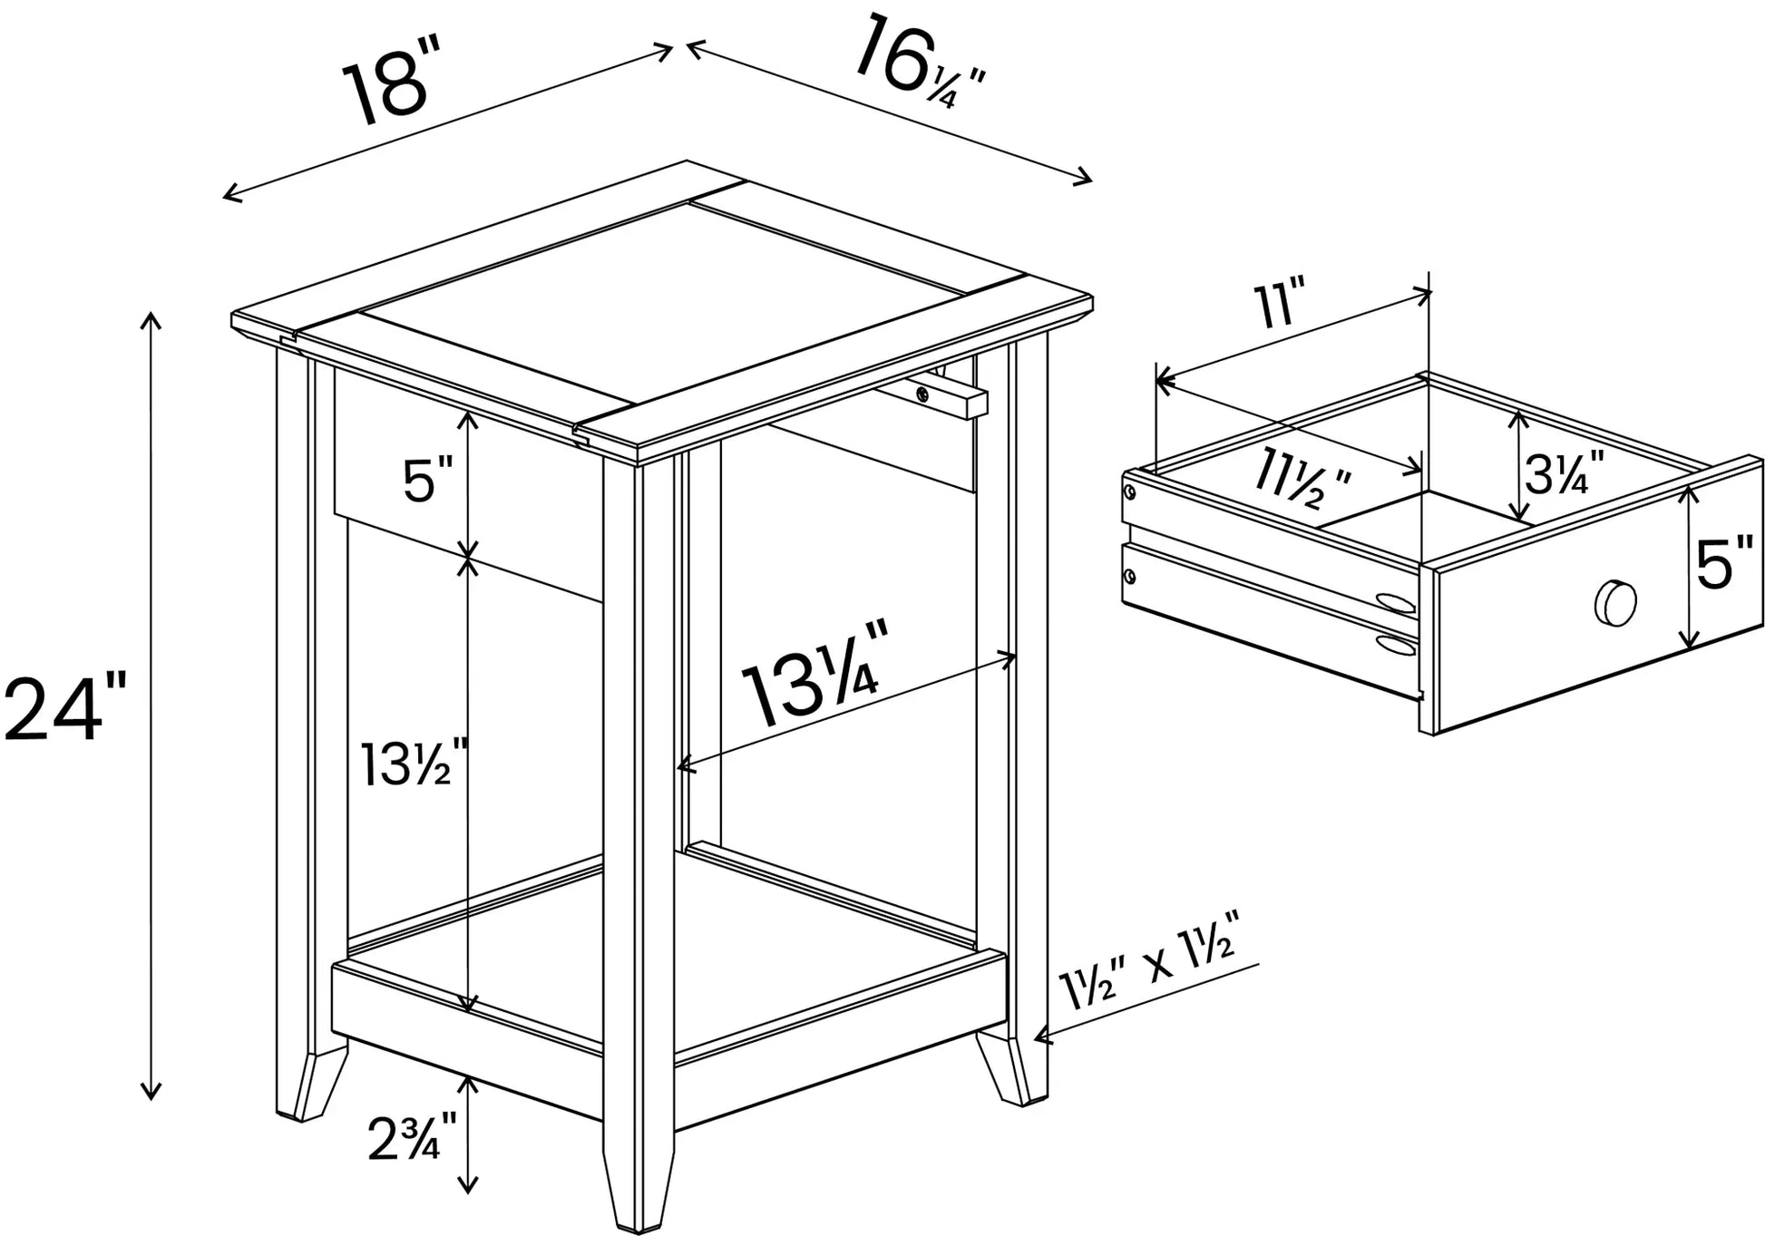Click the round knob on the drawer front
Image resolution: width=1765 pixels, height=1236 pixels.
coord(1616,602)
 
